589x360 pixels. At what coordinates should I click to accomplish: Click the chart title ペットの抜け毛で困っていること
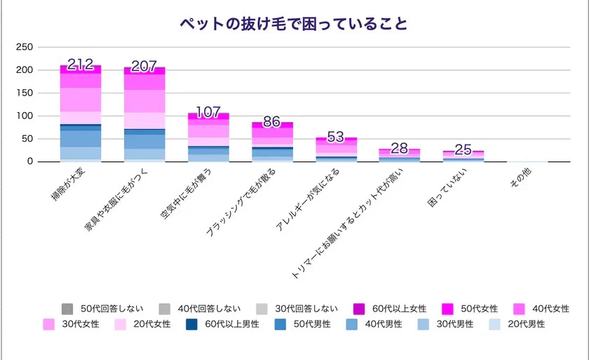point(294,24)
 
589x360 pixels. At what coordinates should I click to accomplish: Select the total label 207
point(144,67)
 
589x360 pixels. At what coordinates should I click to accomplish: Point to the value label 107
point(209,113)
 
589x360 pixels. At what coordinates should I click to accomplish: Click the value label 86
point(273,122)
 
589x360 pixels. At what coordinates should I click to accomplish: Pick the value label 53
point(337,137)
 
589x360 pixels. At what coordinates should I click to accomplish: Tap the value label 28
point(400,148)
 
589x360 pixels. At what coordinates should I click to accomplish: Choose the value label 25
point(464,149)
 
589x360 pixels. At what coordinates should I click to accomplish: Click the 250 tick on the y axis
point(25,48)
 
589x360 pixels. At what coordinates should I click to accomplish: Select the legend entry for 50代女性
point(471,309)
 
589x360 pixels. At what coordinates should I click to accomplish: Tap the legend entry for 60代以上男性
point(224,324)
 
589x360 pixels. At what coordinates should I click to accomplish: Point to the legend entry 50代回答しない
point(104,309)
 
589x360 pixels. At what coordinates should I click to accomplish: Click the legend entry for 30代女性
point(74,324)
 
